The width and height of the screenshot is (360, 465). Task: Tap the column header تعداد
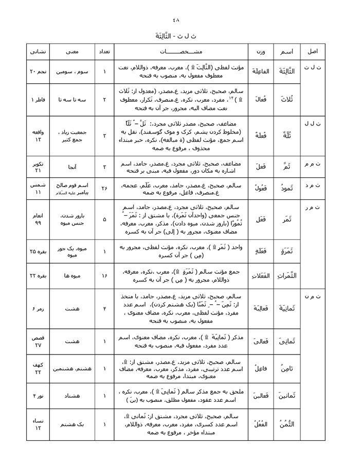point(104,52)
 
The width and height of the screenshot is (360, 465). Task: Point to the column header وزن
point(260,52)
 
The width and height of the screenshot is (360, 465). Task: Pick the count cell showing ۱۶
point(104,276)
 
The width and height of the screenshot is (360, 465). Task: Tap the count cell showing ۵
point(104,219)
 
